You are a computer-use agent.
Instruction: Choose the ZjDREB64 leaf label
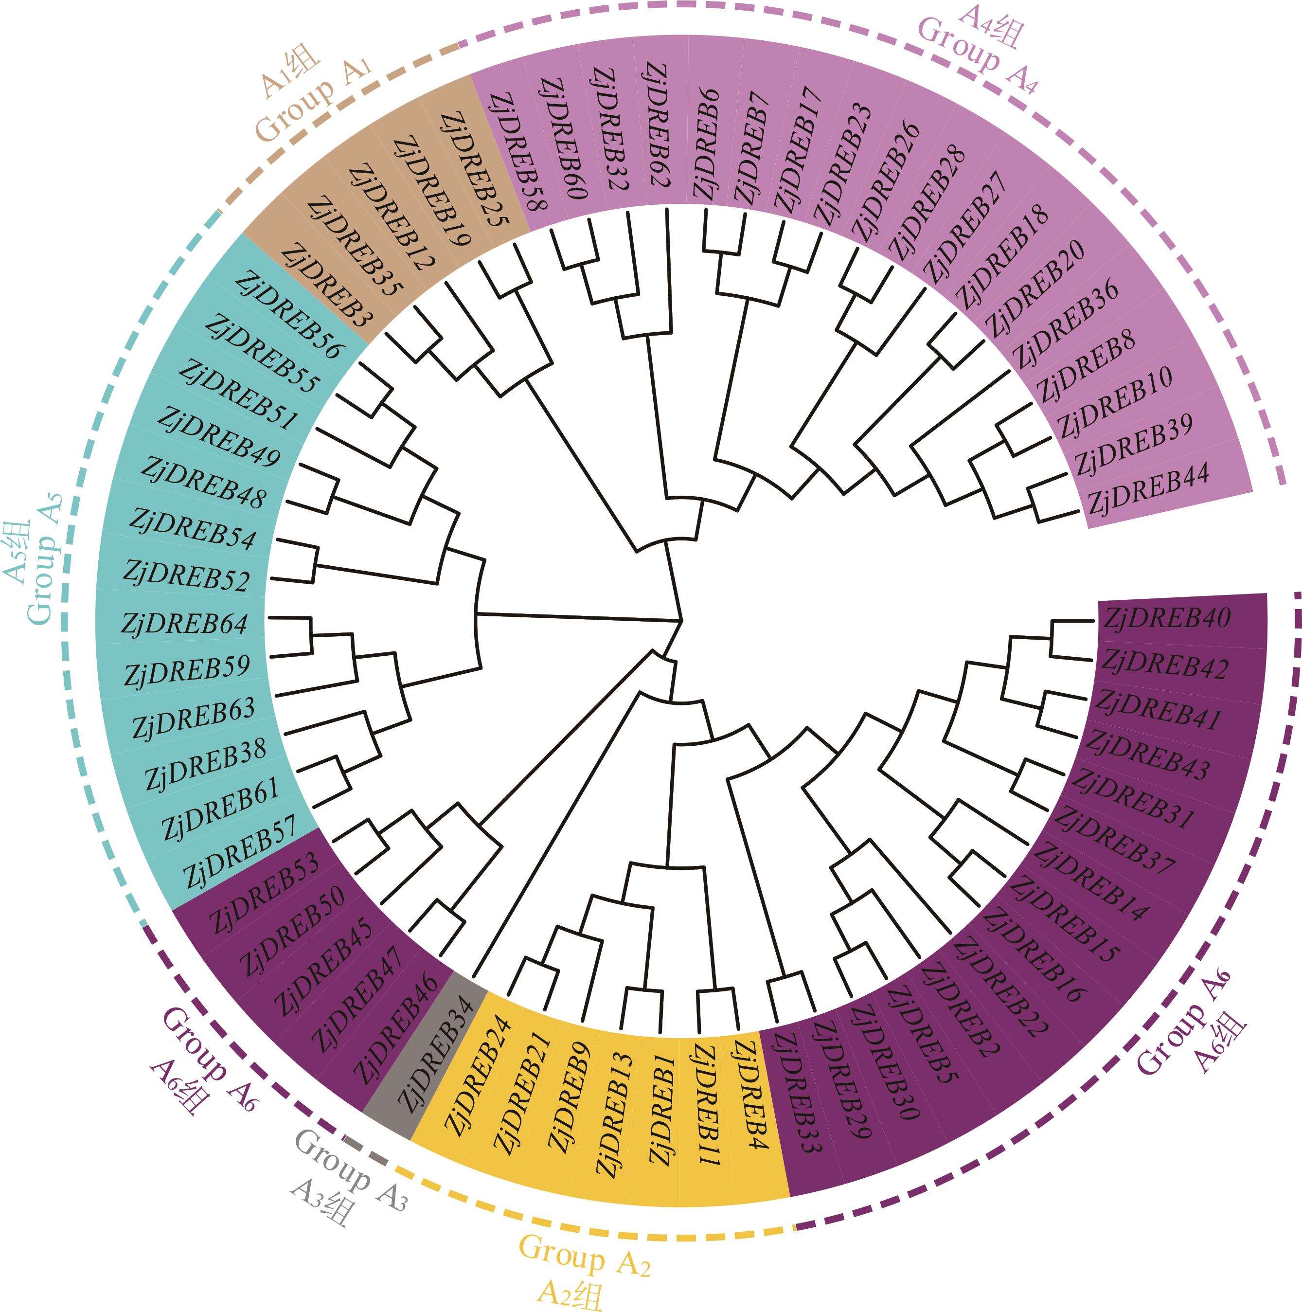pos(185,623)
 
